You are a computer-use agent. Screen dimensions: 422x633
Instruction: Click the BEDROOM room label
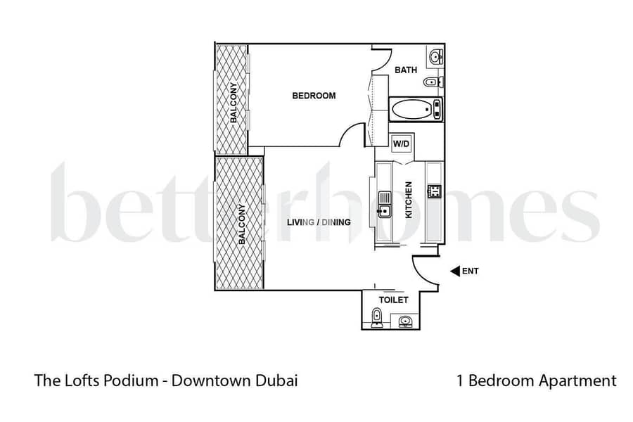[x=314, y=96]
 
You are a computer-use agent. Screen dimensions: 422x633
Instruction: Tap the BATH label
[x=406, y=70]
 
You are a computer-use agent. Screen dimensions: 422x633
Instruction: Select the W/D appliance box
[x=401, y=144]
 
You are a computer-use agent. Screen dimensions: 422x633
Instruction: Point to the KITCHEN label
[x=409, y=200]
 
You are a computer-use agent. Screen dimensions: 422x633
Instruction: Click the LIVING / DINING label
[x=319, y=222]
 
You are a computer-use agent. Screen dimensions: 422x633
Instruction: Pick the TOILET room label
[x=393, y=300]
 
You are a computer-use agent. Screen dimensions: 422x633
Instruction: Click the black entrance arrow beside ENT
[x=454, y=271]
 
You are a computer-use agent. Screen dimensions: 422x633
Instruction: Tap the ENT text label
[x=471, y=271]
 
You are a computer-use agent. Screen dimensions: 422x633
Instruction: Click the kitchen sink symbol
[x=384, y=203]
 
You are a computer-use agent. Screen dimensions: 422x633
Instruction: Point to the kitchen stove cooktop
[x=434, y=191]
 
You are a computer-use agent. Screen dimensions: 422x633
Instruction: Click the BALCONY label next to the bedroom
[x=233, y=103]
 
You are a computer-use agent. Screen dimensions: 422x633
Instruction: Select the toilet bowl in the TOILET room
[x=377, y=320]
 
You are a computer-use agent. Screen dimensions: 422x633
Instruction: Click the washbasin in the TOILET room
[x=404, y=322]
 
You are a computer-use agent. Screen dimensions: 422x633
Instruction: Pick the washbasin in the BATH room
[x=434, y=56]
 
